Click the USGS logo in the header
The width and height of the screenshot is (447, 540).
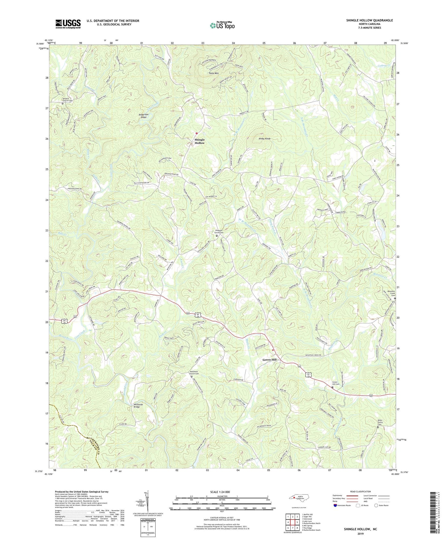tap(68, 24)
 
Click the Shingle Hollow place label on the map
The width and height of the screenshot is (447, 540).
tap(200, 141)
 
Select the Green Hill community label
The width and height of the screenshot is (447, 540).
tap(269, 360)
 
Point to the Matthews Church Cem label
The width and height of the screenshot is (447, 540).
tap(194, 372)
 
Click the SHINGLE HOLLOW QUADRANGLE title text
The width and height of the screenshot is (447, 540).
tap(365, 20)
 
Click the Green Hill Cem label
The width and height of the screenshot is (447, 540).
tap(336, 383)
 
